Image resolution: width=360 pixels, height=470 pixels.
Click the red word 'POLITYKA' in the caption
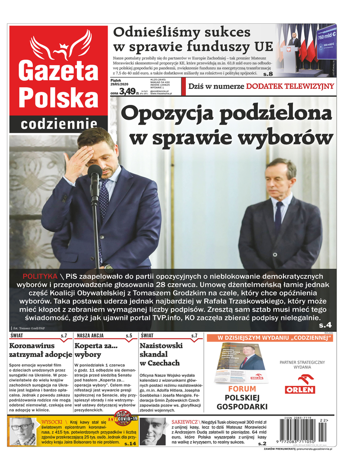(40, 276)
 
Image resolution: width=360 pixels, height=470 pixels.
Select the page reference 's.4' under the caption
(325, 325)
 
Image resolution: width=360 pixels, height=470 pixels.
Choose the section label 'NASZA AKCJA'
(90, 336)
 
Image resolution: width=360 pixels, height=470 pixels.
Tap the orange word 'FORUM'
(242, 389)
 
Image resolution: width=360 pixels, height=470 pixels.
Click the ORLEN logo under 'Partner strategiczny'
(300, 384)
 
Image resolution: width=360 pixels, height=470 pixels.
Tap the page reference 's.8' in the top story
(268, 73)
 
